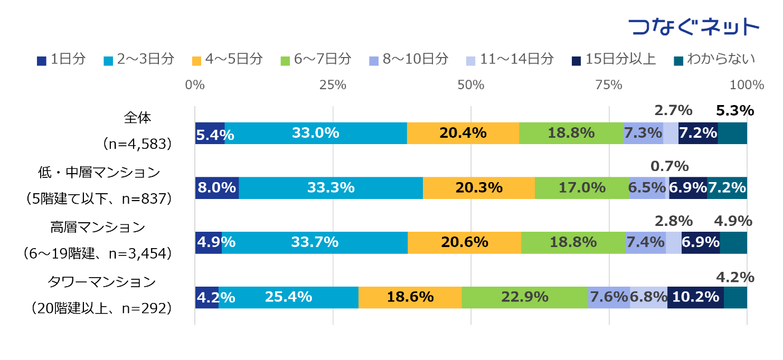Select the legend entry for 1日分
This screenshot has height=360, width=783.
61,59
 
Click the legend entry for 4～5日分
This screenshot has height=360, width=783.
228,59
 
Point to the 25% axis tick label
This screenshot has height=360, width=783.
333,84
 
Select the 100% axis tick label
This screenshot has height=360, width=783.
747,84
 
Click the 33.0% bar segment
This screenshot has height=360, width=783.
315,133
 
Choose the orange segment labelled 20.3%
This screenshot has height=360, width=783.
478,188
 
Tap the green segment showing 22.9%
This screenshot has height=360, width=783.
524,298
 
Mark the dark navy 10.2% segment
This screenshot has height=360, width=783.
695,298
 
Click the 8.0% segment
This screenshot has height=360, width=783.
216,188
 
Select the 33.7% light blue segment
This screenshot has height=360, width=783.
314,243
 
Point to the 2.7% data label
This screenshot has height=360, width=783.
673,111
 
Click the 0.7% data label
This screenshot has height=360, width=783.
669,166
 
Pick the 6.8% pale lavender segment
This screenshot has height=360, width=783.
648,298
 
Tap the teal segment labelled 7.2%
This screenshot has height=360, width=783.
727,188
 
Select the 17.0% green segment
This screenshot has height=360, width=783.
581,188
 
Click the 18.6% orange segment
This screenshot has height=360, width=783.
410,298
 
